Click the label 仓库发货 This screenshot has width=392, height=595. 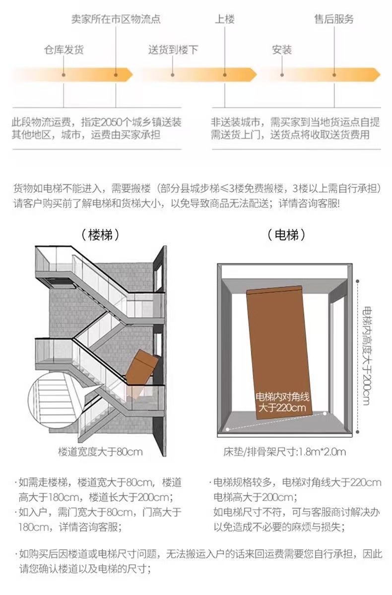pyautogui.click(x=64, y=50)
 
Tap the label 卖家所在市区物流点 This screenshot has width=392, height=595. pyautogui.click(x=116, y=20)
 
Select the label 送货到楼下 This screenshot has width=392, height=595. pyautogui.click(x=173, y=50)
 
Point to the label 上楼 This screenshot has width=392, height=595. pyautogui.click(x=224, y=20)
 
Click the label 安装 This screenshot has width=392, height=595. pyautogui.click(x=282, y=50)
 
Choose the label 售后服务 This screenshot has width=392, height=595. pyautogui.click(x=334, y=20)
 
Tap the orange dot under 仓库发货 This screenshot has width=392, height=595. pyautogui.click(x=64, y=75)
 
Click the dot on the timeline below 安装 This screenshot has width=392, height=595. pyautogui.click(x=282, y=75)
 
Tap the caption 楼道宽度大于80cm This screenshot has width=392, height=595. pyautogui.click(x=100, y=452)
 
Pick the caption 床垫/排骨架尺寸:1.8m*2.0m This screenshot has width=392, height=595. pyautogui.click(x=284, y=452)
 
